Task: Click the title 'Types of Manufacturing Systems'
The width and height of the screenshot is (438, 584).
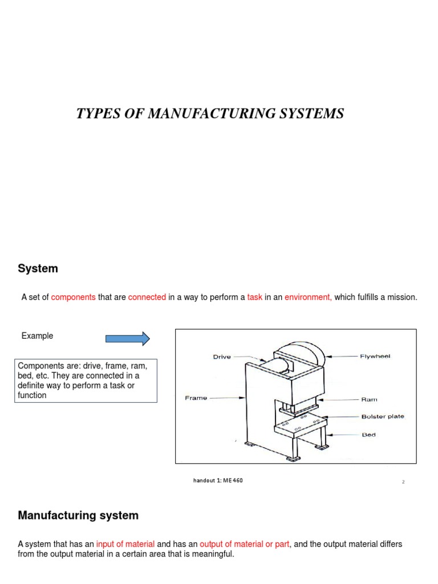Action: (210, 113)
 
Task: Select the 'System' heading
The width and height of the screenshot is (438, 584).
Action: (38, 268)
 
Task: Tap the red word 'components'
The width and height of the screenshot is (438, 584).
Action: (74, 297)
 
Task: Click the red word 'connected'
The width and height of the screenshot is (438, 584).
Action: (147, 297)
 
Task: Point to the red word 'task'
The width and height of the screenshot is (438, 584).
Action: (254, 297)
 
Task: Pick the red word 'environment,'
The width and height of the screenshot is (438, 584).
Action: (308, 297)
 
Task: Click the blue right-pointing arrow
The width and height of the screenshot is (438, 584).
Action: (128, 339)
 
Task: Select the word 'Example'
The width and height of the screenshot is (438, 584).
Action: (37, 336)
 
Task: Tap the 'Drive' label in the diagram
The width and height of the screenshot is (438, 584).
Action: (222, 357)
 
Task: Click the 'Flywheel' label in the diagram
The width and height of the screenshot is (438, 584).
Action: (375, 356)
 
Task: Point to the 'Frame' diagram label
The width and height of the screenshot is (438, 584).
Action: (196, 398)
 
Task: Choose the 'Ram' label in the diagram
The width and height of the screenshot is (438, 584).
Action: (369, 400)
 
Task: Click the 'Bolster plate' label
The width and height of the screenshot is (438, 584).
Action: (382, 416)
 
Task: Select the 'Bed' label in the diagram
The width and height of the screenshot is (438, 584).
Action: (368, 435)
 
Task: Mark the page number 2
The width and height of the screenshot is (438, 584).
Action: (403, 482)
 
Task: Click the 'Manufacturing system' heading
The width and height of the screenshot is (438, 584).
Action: (78, 516)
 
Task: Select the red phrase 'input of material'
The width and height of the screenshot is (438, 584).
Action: (125, 544)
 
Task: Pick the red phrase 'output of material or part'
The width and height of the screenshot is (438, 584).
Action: (245, 544)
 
